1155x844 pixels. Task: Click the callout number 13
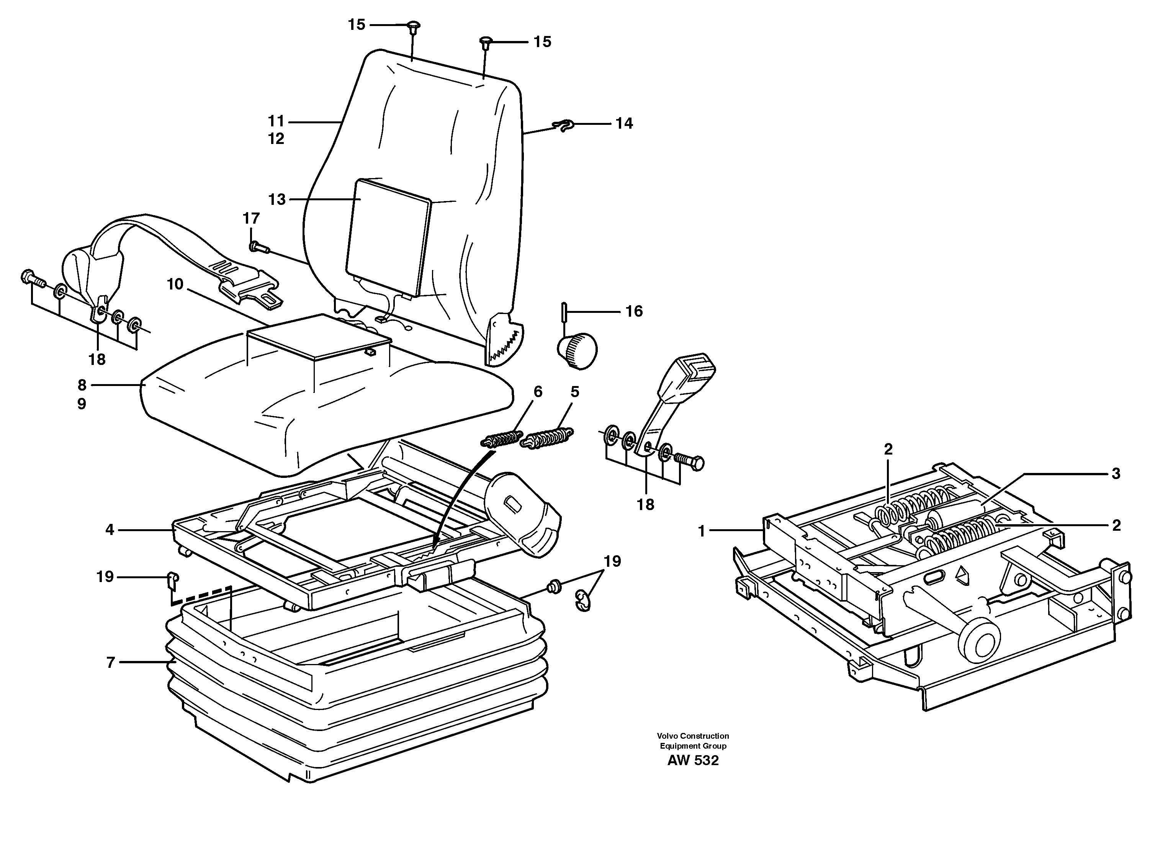pos(276,199)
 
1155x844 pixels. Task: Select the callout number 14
pos(624,124)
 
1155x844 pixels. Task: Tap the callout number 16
pos(634,312)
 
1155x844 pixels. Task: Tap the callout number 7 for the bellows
pos(110,662)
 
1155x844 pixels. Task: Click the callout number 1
pos(701,532)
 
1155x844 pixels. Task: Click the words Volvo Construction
pos(693,736)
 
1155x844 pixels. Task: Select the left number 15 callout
pos(357,25)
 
